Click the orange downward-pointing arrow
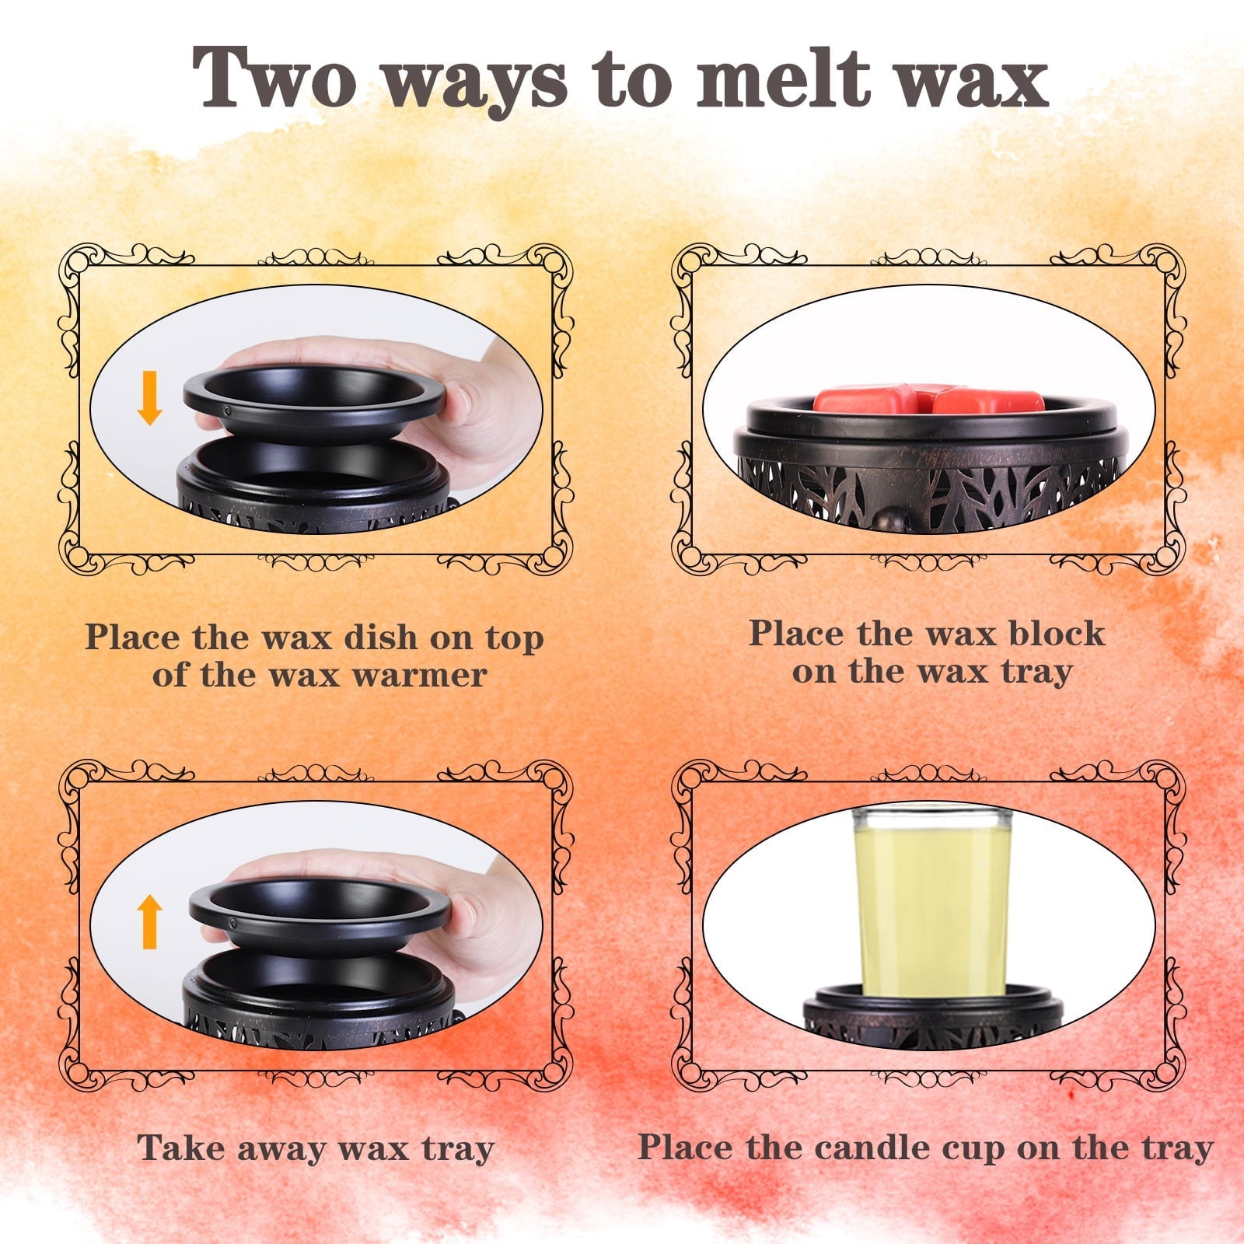click(149, 397)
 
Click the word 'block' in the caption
click(1057, 633)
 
